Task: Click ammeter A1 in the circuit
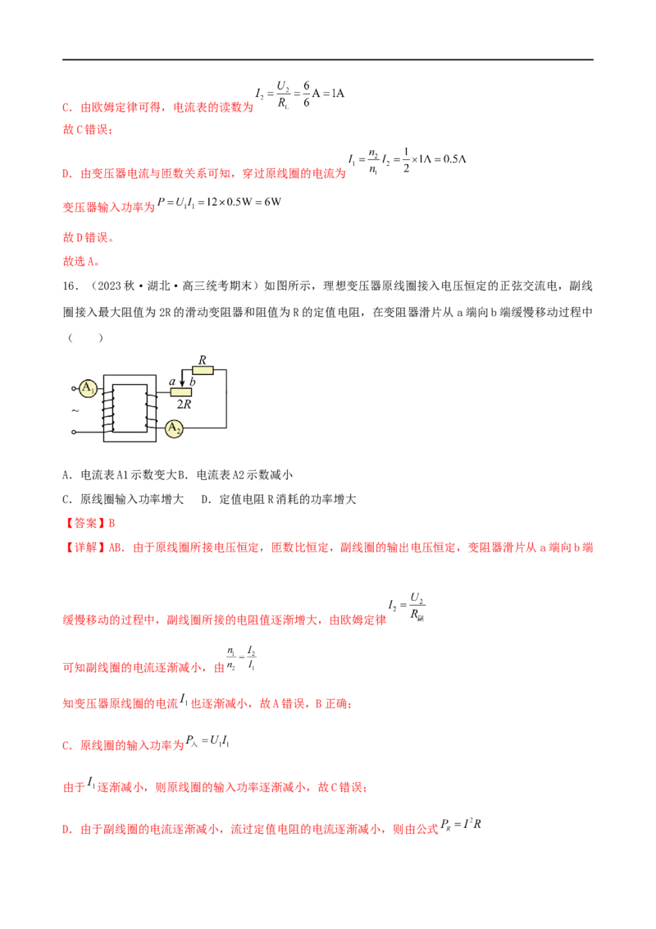point(88,389)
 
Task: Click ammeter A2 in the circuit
point(174,428)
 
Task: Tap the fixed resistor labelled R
point(203,370)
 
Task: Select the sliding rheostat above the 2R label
point(180,391)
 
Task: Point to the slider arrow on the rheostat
point(182,378)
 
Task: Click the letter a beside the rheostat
point(172,382)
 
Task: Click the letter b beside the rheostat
point(192,382)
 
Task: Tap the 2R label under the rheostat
point(184,404)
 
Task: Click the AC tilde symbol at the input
point(75,410)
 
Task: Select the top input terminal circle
point(74,389)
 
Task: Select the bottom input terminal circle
point(74,432)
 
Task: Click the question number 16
point(70,286)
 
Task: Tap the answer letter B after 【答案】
point(112,523)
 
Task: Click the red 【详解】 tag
point(84,547)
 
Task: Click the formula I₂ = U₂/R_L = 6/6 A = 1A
point(299,94)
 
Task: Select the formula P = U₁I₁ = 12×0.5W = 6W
point(219,202)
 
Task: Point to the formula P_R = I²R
point(461,824)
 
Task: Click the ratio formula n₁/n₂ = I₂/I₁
point(241,657)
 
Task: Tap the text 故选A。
point(81,261)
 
